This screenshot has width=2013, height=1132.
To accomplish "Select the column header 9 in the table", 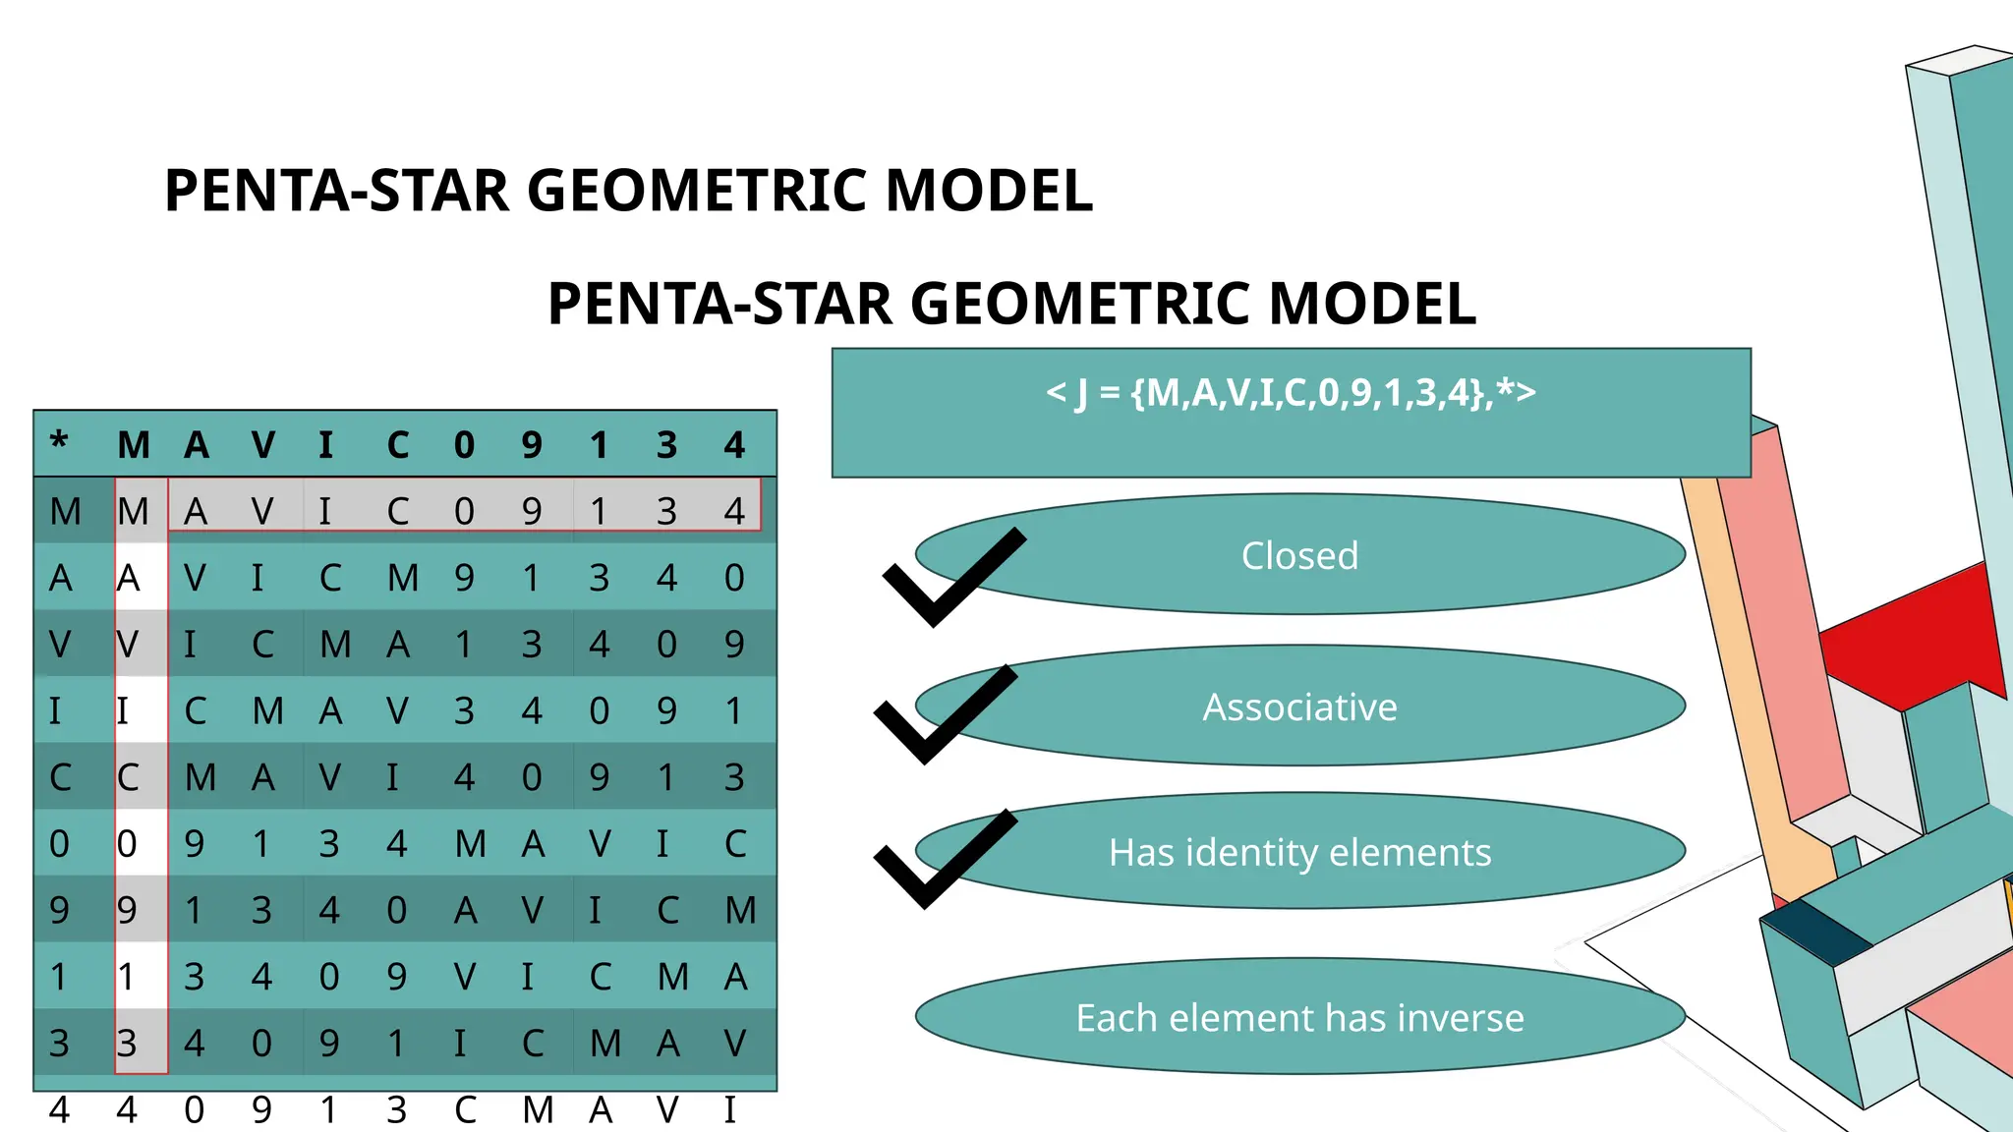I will pyautogui.click(x=532, y=445).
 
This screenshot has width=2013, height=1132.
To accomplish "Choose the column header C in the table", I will pyautogui.click(x=397, y=445).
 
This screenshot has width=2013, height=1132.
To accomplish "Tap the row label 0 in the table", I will pyautogui.click(x=59, y=843).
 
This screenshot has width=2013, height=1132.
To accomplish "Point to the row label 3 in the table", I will pyautogui.click(x=59, y=1043).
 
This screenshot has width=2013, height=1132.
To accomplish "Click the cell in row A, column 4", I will pyautogui.click(x=734, y=578).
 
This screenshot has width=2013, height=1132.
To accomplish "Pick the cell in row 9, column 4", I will pyautogui.click(x=740, y=910).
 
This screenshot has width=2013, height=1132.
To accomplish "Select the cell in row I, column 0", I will pyautogui.click(x=464, y=710).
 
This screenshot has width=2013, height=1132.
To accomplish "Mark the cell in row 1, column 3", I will pyautogui.click(x=673, y=977).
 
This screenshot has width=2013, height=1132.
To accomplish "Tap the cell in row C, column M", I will pyautogui.click(x=128, y=777).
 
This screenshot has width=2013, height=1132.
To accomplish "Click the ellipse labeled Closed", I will pyautogui.click(x=1299, y=555).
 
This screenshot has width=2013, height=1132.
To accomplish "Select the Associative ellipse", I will pyautogui.click(x=1299, y=707).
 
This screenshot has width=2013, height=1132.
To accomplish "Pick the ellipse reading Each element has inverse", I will pyautogui.click(x=1299, y=1017).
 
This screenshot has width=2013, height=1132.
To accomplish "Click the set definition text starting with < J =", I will pyautogui.click(x=1291, y=393).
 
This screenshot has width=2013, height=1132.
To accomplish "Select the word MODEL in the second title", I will pyautogui.click(x=1372, y=304).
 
